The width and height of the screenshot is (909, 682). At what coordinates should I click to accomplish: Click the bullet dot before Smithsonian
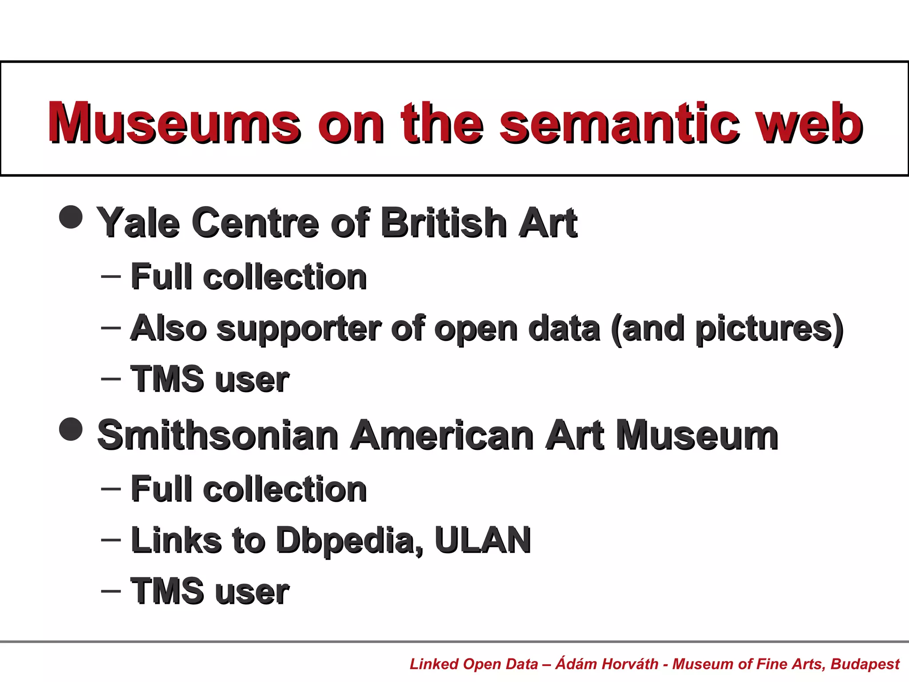coord(71,429)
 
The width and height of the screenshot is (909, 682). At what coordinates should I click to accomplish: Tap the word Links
coord(176,540)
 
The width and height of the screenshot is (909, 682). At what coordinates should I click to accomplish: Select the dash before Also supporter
coord(111,328)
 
